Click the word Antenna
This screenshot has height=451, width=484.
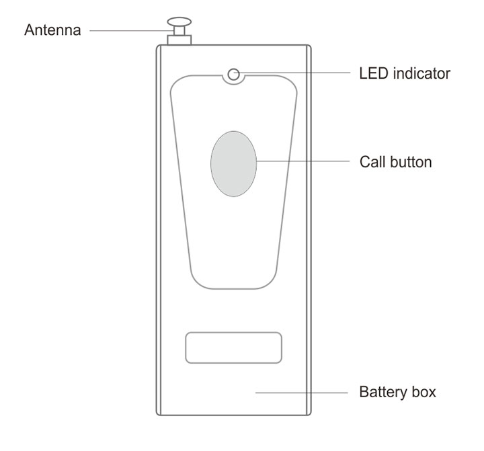52,30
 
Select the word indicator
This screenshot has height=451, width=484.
421,73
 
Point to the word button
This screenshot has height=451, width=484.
411,162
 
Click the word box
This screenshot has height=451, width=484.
424,392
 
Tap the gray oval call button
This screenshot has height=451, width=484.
234,163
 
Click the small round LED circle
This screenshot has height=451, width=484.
234,75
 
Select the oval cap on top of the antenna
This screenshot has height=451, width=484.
179,22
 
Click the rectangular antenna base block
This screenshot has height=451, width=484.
179,40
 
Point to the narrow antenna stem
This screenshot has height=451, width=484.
179,31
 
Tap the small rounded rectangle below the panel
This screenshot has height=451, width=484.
234,347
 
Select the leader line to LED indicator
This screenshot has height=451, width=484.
292,73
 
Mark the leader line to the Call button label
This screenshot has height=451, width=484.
303,161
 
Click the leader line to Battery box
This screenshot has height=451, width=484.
302,393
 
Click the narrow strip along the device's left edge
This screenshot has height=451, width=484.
159,230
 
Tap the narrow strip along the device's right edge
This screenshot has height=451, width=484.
309,230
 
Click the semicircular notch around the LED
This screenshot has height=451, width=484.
234,83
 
